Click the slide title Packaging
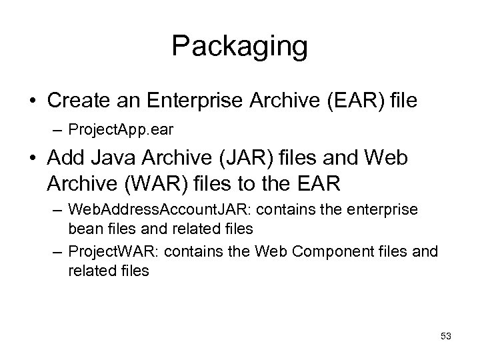[x=239, y=47]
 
